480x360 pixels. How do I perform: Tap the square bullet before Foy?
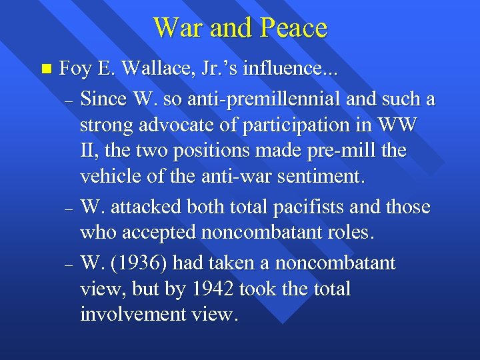45,68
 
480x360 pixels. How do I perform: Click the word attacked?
141,207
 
